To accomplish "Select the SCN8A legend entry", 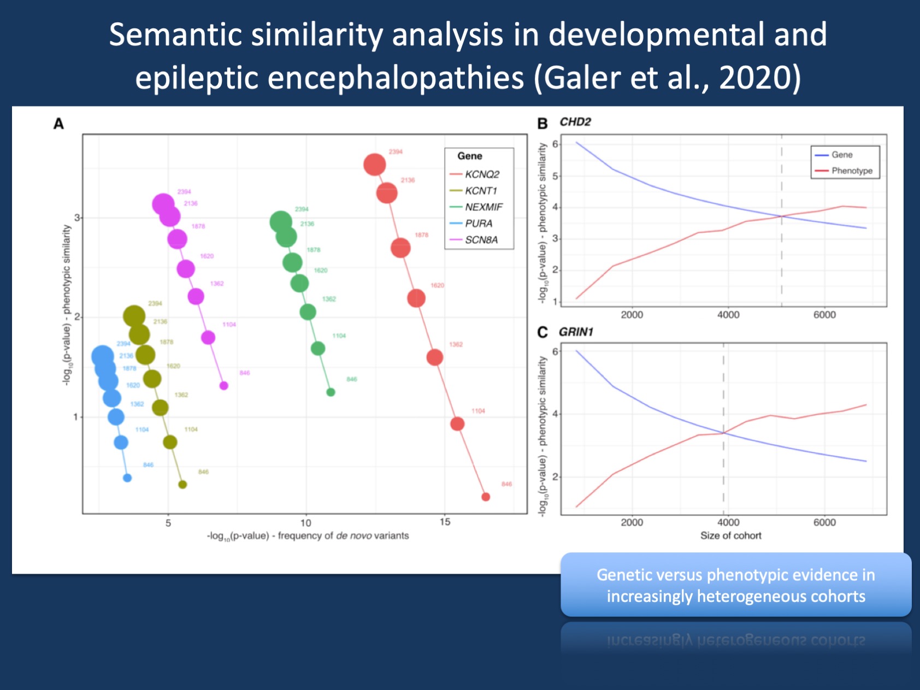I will click(481, 240).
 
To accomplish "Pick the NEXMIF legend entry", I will click(483, 207).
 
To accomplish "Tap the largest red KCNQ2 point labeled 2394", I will click(375, 164).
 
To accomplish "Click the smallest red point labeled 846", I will click(486, 497).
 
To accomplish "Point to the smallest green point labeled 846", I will click(331, 392).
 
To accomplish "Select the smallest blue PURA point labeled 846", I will click(127, 478).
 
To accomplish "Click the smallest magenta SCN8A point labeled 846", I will click(223, 386).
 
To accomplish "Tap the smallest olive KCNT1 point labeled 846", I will click(182, 485).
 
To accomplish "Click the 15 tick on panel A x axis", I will click(445, 522).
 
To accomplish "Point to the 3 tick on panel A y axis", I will click(77, 217).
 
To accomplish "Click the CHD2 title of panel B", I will click(575, 122).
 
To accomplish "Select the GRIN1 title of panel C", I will click(576, 332).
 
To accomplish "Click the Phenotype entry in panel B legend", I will click(852, 171).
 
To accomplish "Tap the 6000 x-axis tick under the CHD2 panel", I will click(824, 315).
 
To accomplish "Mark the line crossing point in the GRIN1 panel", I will click(724, 433).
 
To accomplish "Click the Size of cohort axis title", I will click(730, 536).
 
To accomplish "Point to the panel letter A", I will click(58, 124).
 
